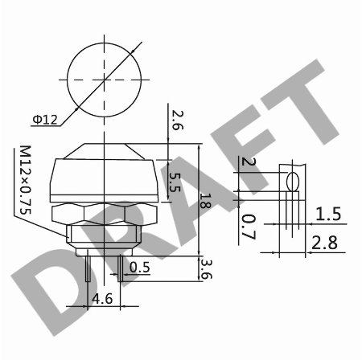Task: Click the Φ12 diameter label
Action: (x=45, y=120)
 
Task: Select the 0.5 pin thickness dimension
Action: (x=140, y=268)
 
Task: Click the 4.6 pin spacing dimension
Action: (x=102, y=299)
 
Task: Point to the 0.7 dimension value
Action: (x=249, y=227)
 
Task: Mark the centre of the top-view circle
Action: (x=105, y=80)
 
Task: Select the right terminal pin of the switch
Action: (x=121, y=268)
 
